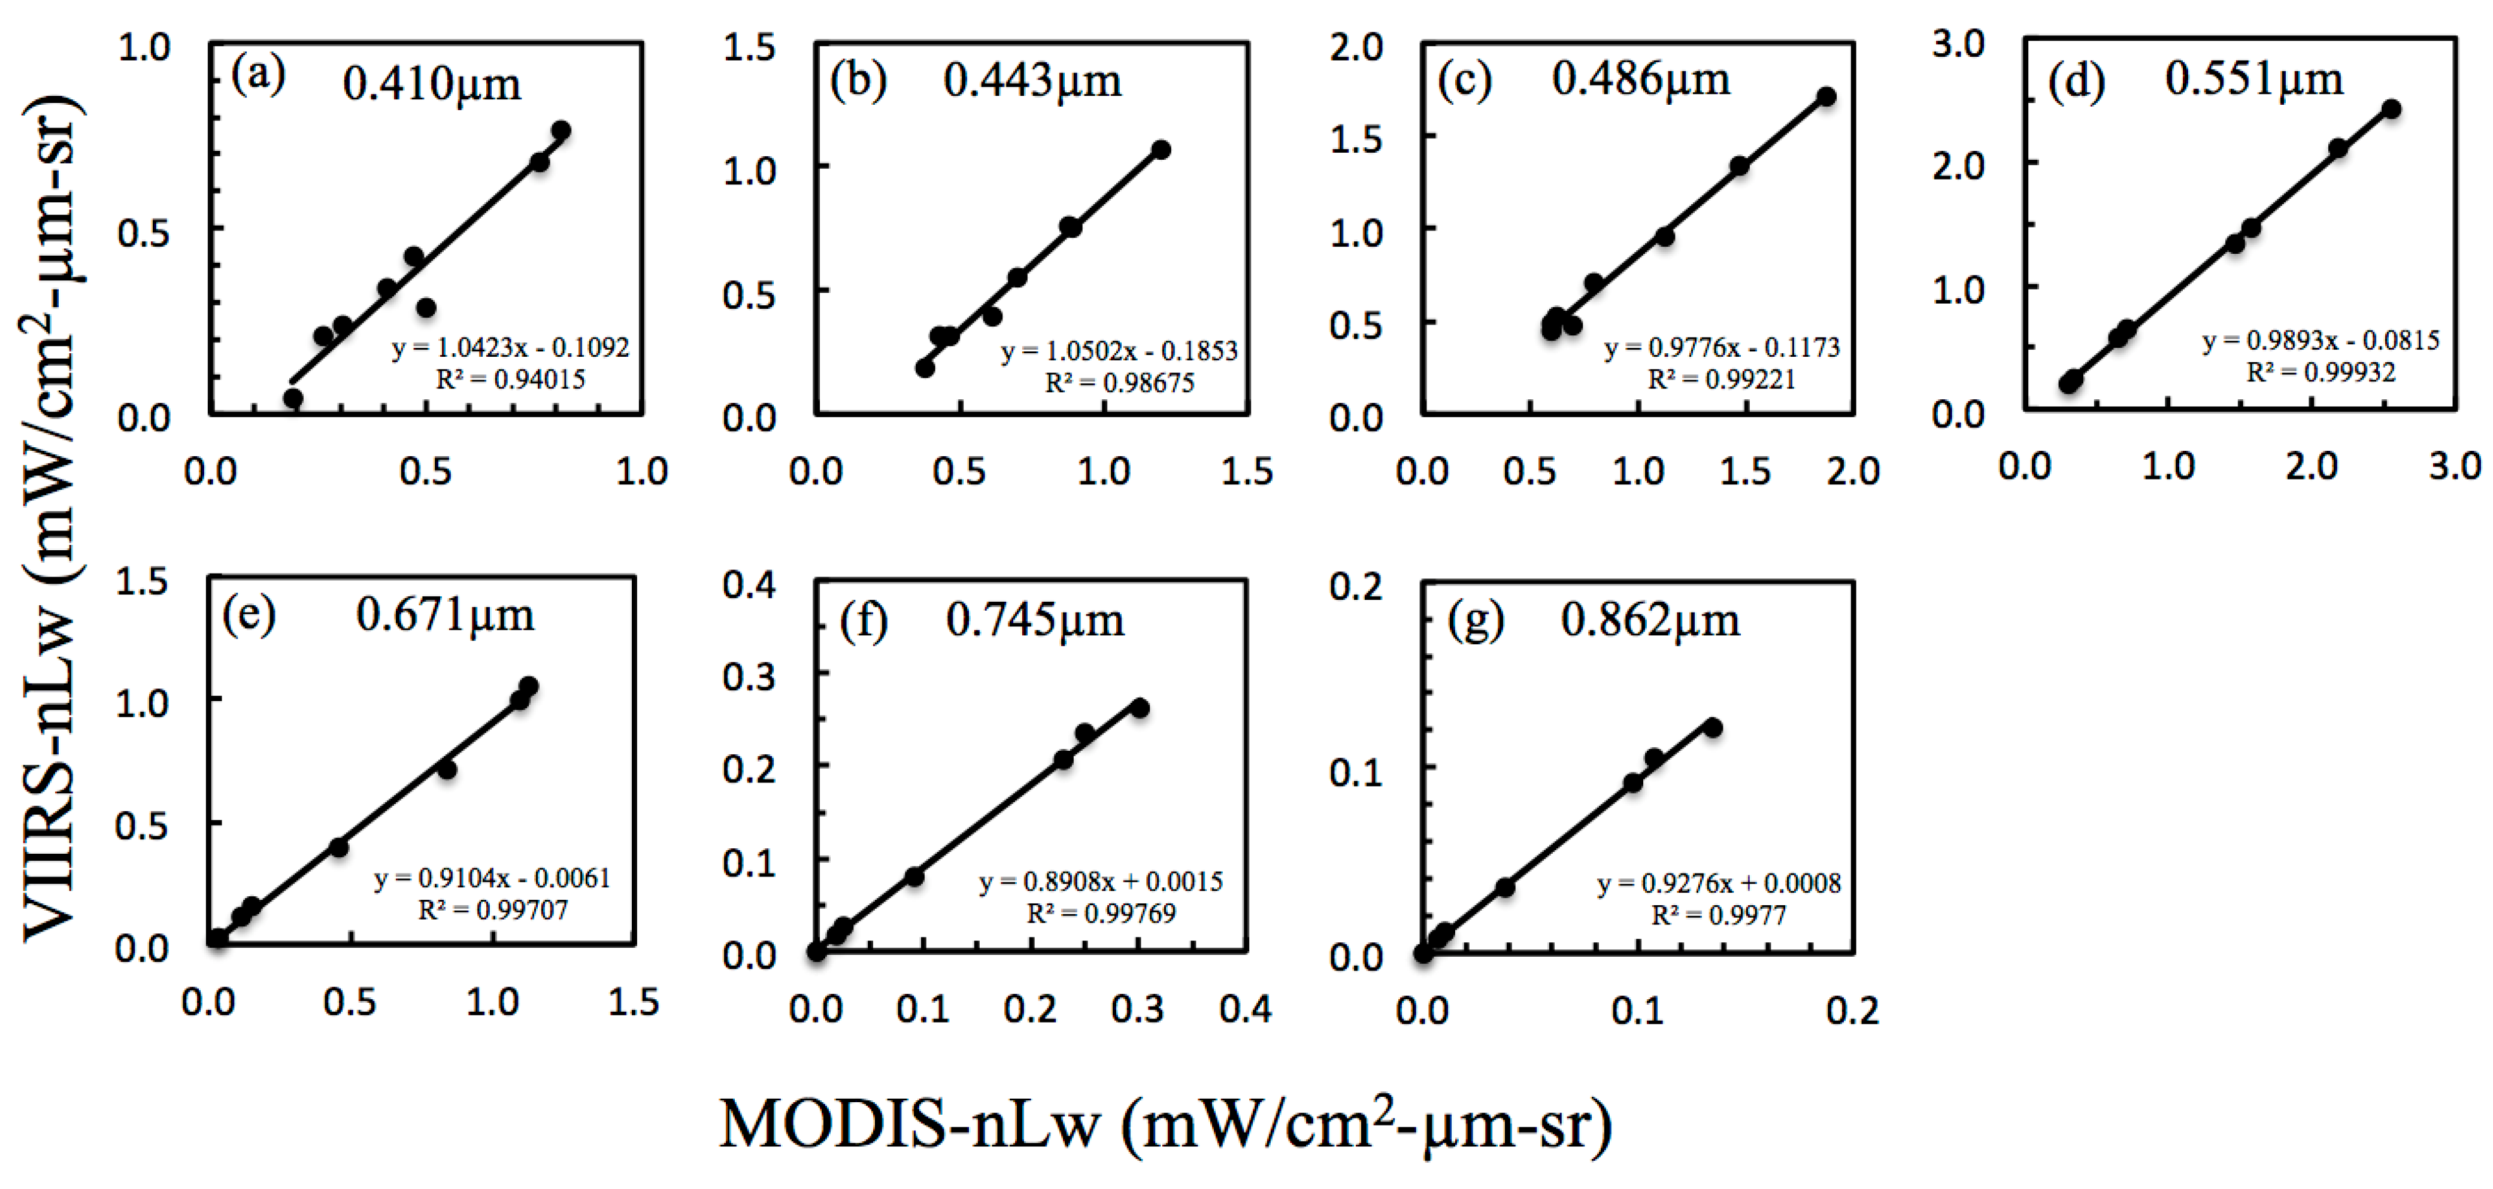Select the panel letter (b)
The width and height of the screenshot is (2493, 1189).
click(858, 80)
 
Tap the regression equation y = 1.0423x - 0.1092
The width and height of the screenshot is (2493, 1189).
click(510, 347)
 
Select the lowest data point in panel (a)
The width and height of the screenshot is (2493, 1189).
click(293, 398)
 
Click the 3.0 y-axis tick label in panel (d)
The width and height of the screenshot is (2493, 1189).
click(1958, 44)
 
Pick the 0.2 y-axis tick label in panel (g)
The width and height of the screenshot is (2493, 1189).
click(1356, 586)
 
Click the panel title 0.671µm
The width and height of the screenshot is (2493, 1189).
click(445, 614)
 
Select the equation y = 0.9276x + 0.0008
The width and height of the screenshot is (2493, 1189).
click(1719, 883)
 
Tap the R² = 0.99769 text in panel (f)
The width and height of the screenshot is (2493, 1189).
click(1101, 913)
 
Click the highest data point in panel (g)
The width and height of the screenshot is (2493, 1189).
click(1713, 727)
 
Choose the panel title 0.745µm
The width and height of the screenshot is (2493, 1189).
click(1035, 620)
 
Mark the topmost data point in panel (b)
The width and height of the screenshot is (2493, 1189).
click(1161, 150)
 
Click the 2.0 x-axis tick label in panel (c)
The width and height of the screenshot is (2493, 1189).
click(1852, 471)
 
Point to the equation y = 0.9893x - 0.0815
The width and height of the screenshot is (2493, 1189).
click(2321, 341)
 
